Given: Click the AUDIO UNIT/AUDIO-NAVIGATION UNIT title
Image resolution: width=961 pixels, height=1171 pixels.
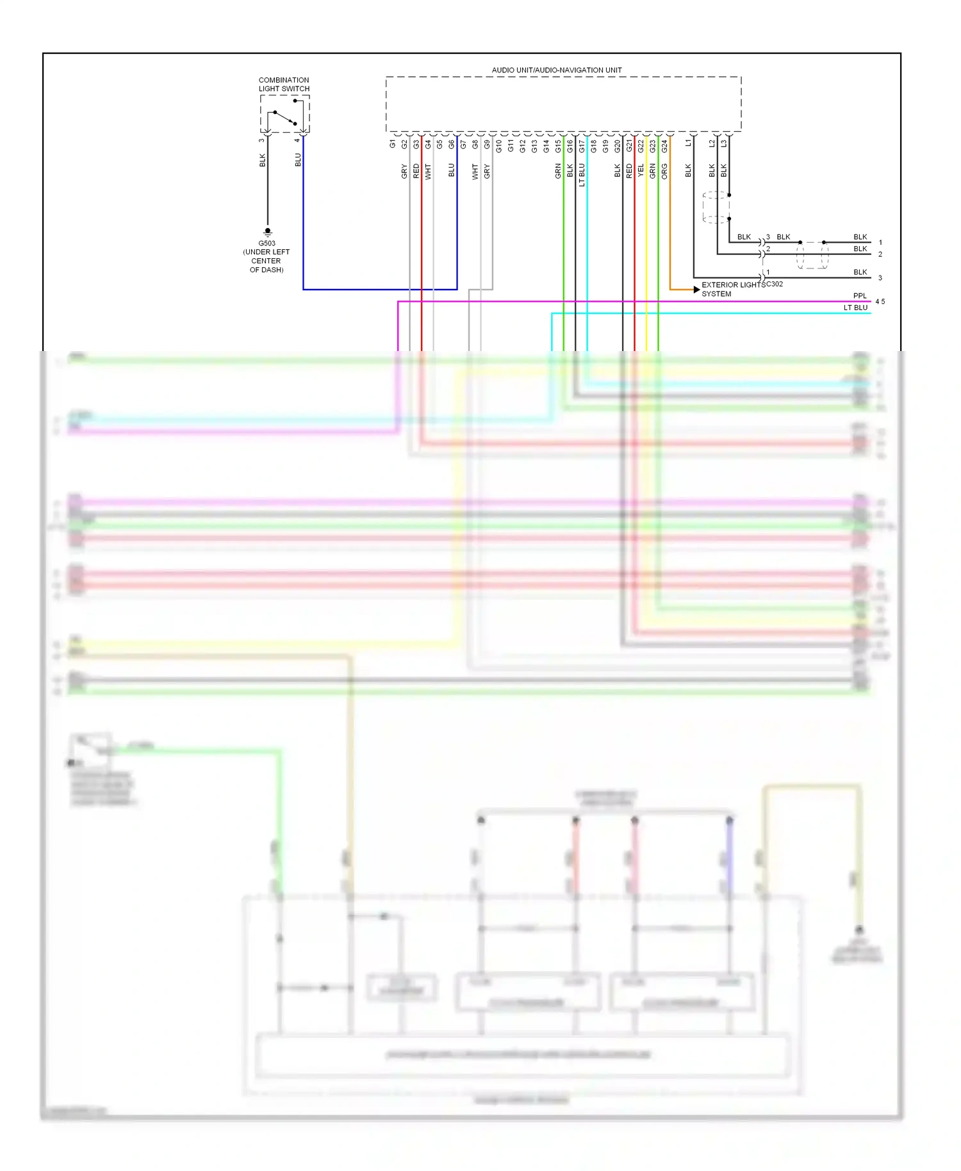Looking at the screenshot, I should (x=556, y=70).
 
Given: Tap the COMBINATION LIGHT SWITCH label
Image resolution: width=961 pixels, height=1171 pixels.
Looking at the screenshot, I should (x=284, y=85).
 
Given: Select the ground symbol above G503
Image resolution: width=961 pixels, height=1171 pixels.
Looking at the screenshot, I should (x=268, y=231).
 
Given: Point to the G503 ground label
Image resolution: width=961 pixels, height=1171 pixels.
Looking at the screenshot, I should (x=267, y=243).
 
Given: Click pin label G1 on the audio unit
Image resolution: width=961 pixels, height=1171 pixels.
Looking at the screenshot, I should (x=393, y=144).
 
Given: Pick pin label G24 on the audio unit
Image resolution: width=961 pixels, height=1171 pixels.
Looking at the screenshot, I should (x=664, y=145).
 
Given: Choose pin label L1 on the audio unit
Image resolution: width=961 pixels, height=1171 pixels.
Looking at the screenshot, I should (x=689, y=143).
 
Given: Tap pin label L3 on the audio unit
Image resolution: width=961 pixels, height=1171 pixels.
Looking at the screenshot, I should (x=724, y=143).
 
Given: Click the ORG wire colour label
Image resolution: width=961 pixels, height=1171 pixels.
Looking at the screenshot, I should (x=664, y=171).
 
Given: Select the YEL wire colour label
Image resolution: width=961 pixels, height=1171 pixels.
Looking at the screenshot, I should (x=641, y=171).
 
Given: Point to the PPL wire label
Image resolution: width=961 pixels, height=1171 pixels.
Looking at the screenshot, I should (x=859, y=296).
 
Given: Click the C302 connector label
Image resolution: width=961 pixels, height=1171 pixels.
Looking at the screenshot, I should (x=774, y=284).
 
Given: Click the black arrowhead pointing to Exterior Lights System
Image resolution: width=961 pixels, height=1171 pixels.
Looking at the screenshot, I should (x=696, y=290).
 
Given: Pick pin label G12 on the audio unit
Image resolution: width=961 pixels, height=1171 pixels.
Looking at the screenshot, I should (x=523, y=145).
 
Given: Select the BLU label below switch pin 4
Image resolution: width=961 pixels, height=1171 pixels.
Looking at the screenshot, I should (x=298, y=160).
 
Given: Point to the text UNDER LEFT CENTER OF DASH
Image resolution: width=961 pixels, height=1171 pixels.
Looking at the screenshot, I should (x=267, y=261).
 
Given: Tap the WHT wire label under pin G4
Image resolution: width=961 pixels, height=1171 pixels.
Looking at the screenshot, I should (x=428, y=171).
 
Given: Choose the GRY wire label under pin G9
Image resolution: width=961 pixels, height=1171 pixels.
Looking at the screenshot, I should (x=487, y=171).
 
